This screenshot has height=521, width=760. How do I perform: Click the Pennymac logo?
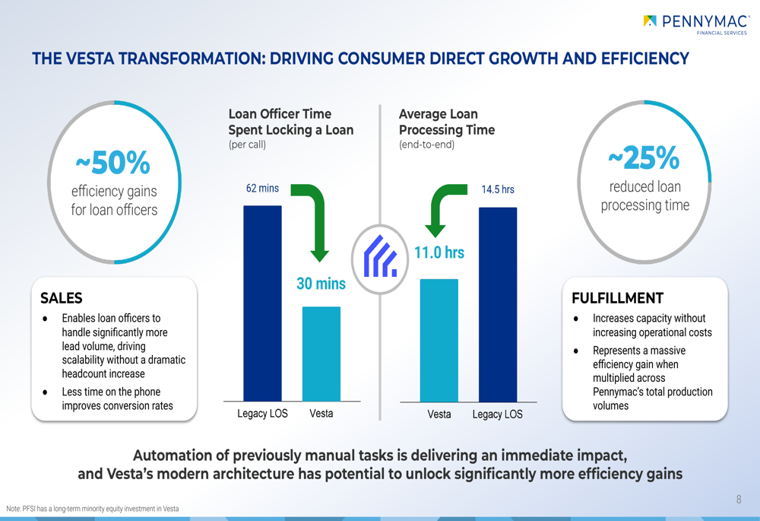coord(696,24)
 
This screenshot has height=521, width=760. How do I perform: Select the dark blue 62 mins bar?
coord(262,303)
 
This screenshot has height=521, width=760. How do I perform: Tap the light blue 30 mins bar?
coord(321,354)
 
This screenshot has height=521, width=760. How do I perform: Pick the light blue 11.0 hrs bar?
coord(439,341)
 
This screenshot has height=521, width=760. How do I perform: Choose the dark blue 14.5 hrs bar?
coord(498,305)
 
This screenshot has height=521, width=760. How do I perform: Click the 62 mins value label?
coord(262,188)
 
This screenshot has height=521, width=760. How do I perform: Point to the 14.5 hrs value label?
coord(498,189)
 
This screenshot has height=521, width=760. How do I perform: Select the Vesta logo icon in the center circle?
coord(380,256)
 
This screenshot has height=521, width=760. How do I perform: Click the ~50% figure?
coord(113,163)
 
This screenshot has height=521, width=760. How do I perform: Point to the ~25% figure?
coord(644,157)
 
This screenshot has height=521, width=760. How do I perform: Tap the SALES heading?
coord(61,298)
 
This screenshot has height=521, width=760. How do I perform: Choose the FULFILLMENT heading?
coord(617,298)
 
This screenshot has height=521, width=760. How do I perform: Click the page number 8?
coord(739,500)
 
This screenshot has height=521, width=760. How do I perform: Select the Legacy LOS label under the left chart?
coord(262,413)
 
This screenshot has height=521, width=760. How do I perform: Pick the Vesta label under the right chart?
coord(439,415)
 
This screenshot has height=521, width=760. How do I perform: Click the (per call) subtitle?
coord(247,145)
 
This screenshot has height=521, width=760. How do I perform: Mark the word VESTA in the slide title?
coord(90,59)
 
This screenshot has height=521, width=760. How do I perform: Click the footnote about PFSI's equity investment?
coord(93,509)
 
